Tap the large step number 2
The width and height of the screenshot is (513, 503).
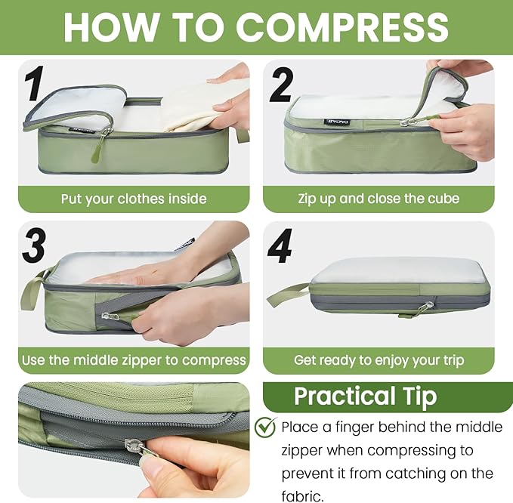click(280, 86)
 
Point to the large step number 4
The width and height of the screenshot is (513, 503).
click(280, 245)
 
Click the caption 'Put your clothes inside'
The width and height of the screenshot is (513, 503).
click(134, 199)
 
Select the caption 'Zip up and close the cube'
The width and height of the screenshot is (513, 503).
click(379, 199)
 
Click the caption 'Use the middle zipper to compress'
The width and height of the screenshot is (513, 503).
click(134, 360)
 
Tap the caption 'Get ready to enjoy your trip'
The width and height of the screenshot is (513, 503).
click(379, 360)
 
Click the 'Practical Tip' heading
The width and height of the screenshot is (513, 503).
click(365, 397)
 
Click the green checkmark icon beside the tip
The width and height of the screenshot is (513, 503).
click(265, 427)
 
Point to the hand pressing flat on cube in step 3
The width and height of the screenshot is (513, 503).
click(144, 271)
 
